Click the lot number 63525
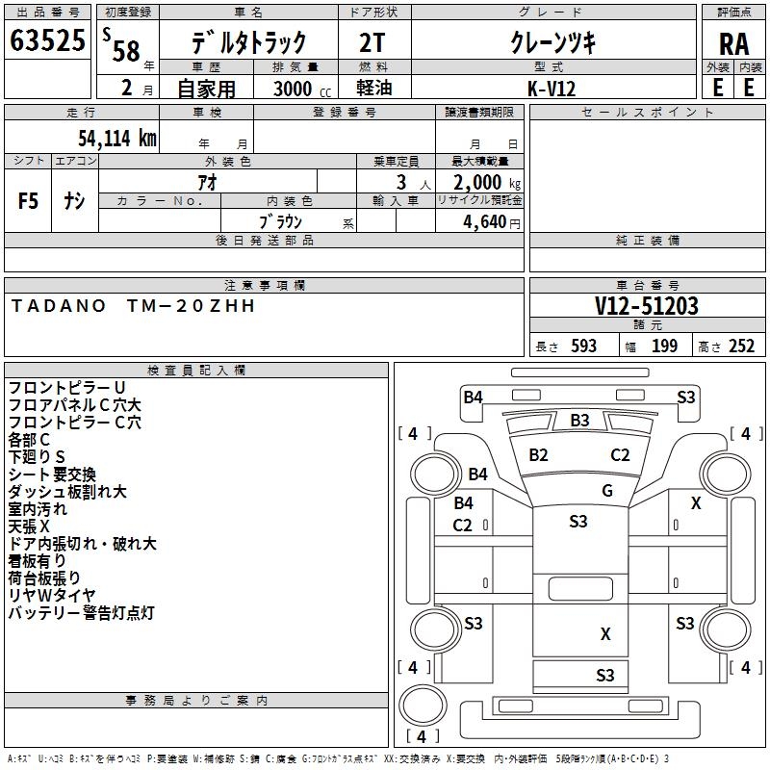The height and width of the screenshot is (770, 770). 46,40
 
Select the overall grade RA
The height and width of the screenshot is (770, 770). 732,44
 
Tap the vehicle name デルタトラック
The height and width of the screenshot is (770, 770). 248,42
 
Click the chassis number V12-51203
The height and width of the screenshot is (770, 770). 646,306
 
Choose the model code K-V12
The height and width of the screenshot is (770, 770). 552,88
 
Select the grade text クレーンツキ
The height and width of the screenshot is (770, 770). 552,42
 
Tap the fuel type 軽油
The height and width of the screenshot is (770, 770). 374,88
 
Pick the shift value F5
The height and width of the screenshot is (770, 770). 29,201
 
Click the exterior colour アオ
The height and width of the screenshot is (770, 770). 207,181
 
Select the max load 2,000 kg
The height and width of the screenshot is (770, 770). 478,182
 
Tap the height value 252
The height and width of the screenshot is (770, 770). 740,346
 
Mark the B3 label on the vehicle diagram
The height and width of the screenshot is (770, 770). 579,421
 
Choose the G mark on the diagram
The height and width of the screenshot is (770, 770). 606,491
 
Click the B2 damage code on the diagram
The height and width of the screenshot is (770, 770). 538,454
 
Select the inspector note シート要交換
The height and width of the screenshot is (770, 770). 52,475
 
